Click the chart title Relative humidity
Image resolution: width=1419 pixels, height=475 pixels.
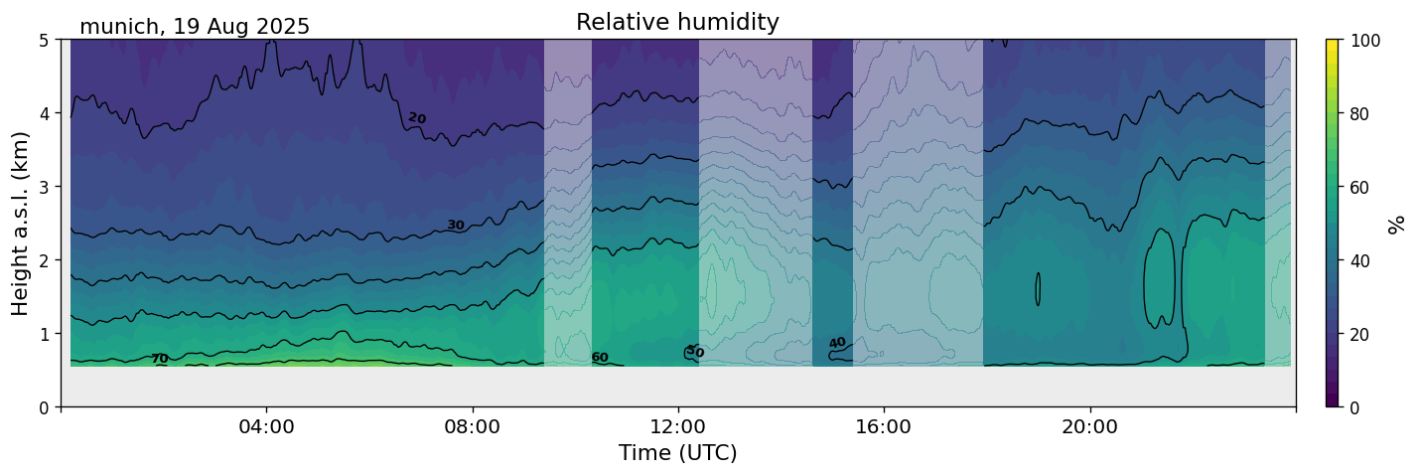click(677, 22)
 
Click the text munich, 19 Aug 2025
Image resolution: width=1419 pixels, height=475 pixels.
click(195, 27)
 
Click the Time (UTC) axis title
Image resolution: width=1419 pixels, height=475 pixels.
click(677, 453)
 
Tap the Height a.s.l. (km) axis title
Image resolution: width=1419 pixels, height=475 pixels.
click(21, 223)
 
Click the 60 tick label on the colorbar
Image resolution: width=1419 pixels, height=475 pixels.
click(1361, 187)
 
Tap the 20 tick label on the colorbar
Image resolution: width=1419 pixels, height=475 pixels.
click(1361, 334)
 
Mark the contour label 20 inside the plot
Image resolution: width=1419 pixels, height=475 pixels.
click(417, 118)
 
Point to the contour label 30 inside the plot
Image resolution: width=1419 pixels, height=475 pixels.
click(455, 225)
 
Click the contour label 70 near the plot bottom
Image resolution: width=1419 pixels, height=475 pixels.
click(159, 359)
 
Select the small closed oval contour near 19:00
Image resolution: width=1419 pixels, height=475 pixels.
click(1038, 289)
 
